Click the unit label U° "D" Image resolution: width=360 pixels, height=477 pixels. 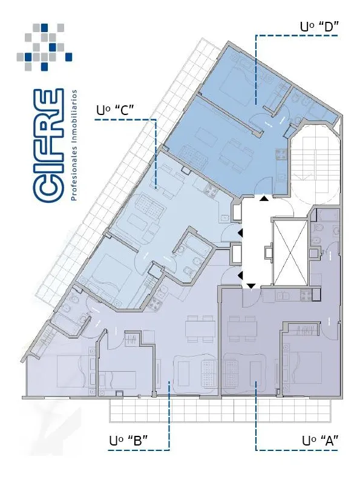coord(319,27)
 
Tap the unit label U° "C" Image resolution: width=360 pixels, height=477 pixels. coord(115,110)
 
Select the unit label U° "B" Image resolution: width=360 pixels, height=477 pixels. coord(128,441)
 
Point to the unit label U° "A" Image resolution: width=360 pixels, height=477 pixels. coord(320,441)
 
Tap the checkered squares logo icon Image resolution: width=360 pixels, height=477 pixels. coord(44,47)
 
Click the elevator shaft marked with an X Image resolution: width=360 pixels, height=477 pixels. coord(290,252)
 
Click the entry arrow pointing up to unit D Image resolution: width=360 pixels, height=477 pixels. coord(265,199)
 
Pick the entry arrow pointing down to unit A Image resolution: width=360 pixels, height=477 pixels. coord(251,286)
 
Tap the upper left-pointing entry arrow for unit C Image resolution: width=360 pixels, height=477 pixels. coord(241,233)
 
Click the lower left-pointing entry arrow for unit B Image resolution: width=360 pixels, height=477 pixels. coord(241,275)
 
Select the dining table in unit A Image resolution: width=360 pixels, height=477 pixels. coord(243,329)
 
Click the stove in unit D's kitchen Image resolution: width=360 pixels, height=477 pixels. coord(281,154)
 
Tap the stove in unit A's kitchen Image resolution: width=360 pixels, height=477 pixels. coord(306,294)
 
